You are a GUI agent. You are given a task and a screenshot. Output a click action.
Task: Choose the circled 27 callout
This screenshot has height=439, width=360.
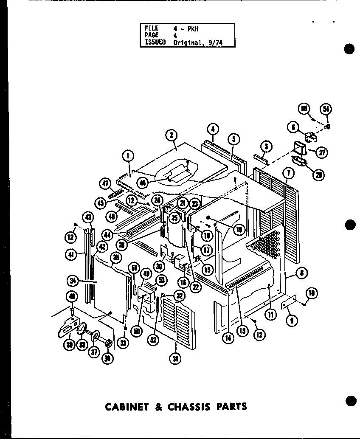point(322,152)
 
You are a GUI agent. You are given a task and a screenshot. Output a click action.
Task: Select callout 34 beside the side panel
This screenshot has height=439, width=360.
point(72,281)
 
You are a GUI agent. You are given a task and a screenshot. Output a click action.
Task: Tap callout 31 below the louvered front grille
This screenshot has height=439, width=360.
point(174,358)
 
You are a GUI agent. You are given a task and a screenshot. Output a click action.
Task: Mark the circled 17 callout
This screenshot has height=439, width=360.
point(207,250)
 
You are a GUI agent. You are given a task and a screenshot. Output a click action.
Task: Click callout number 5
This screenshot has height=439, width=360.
point(233,138)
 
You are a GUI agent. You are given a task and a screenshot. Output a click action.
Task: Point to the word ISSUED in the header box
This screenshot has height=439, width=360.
point(155,42)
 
